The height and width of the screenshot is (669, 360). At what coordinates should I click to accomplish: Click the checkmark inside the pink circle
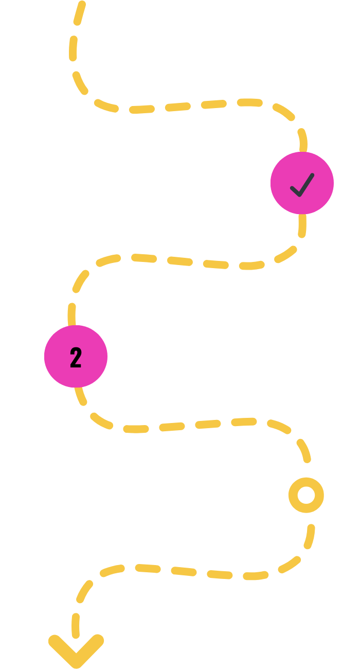pos(302,185)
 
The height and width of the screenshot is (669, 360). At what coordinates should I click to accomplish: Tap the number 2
pos(76,358)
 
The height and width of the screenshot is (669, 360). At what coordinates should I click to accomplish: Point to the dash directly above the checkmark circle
pos(303,140)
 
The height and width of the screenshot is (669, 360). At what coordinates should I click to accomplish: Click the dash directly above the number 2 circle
pos(71,314)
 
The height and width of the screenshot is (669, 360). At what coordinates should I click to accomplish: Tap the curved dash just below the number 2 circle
pos(80,396)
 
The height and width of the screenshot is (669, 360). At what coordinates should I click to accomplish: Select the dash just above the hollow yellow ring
pos(303,450)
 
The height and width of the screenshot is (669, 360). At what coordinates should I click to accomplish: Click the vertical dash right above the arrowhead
pos(76,625)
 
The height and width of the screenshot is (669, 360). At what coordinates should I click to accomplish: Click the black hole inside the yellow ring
pos(306,495)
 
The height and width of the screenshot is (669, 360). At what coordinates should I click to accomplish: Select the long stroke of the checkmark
pos(305,184)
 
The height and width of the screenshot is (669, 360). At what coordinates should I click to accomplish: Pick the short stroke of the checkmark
pos(295,190)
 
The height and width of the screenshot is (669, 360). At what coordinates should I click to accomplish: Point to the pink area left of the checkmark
pos(280,183)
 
